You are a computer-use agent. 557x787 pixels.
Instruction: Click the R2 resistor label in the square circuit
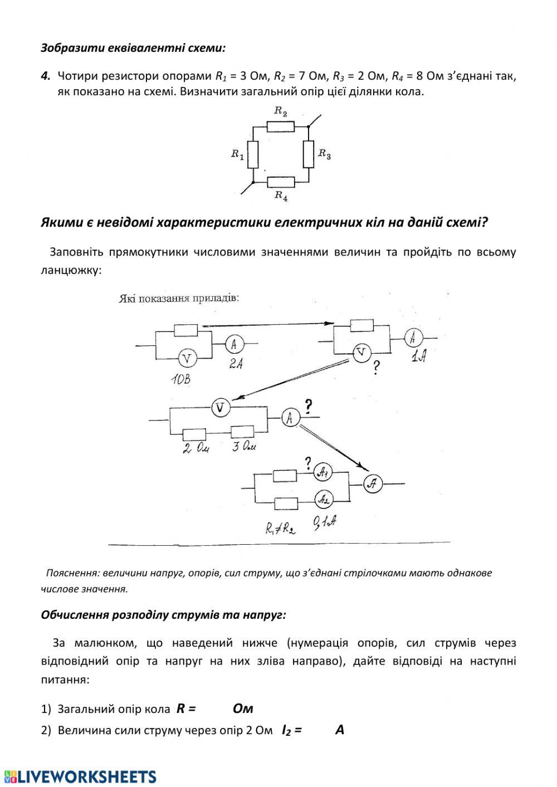tap(280, 111)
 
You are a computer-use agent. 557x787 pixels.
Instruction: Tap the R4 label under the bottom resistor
tap(281, 195)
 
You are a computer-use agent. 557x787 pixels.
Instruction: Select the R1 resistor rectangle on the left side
tap(253, 154)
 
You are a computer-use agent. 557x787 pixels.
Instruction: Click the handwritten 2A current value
tap(236, 365)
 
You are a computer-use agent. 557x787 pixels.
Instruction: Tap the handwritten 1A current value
tap(418, 356)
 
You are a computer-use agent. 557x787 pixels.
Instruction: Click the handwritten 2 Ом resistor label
tap(193, 448)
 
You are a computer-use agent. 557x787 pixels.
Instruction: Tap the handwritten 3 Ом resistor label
tap(244, 446)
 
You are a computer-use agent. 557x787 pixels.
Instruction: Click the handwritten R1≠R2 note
tap(280, 527)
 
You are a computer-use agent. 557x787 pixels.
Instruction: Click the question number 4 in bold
tap(46, 76)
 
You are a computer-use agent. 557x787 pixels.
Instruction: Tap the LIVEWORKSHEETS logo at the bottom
tap(80, 776)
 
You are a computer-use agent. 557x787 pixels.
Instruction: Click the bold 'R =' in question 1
tap(186, 708)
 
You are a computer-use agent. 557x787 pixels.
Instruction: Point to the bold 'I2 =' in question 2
tap(291, 730)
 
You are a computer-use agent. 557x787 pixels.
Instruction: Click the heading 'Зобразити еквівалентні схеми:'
tap(133, 48)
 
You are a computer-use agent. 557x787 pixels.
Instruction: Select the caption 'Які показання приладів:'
tap(179, 298)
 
